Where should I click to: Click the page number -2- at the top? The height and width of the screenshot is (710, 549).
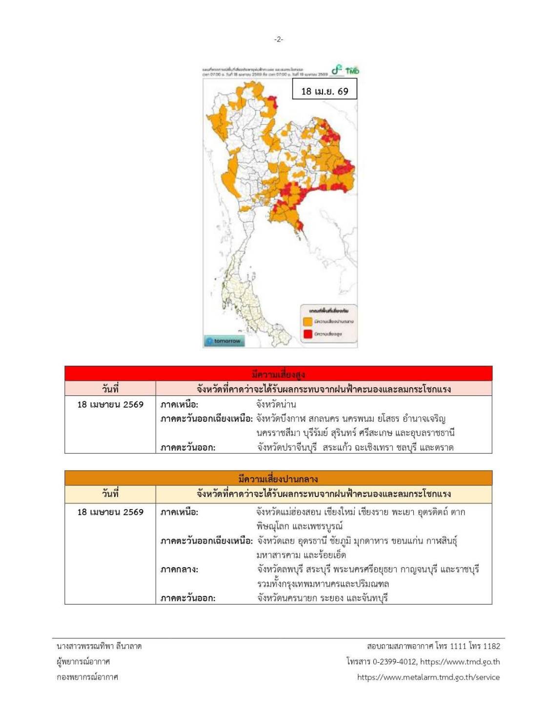pyautogui.click(x=278, y=39)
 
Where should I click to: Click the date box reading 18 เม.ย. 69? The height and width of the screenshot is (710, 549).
pyautogui.click(x=325, y=91)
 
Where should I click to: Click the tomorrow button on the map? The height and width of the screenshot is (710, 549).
pyautogui.click(x=224, y=341)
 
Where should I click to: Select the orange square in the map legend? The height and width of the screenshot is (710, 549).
pyautogui.click(x=308, y=322)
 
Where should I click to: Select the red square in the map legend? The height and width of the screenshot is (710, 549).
pyautogui.click(x=308, y=334)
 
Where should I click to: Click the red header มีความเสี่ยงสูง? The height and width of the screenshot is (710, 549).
pyautogui.click(x=278, y=374)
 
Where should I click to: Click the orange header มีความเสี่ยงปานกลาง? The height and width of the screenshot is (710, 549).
pyautogui.click(x=278, y=478)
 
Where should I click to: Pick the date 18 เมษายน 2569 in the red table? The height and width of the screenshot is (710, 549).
pyautogui.click(x=110, y=405)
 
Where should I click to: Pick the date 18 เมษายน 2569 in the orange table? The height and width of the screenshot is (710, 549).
pyautogui.click(x=110, y=512)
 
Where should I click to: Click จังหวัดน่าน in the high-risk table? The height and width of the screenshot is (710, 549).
pyautogui.click(x=276, y=405)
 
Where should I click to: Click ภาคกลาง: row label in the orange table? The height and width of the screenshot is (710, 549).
pyautogui.click(x=179, y=570)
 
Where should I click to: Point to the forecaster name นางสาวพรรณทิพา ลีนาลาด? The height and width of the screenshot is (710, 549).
pyautogui.click(x=99, y=646)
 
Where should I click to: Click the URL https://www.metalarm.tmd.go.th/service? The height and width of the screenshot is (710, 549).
pyautogui.click(x=428, y=677)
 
